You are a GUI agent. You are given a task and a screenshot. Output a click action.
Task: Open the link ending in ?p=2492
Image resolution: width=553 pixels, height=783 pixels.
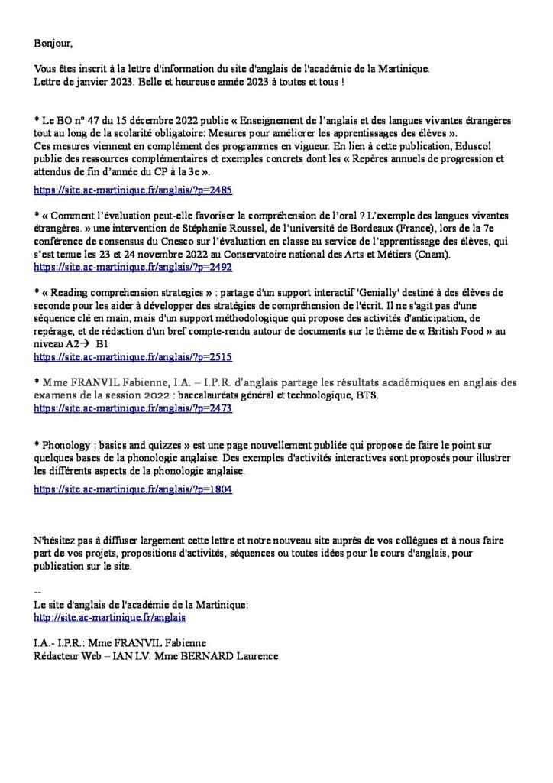coord(134,268)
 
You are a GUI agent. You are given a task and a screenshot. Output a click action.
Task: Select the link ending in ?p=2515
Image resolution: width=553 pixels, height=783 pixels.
coord(134,356)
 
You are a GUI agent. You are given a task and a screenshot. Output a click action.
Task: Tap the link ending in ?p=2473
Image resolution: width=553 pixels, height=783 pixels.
coord(134,409)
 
